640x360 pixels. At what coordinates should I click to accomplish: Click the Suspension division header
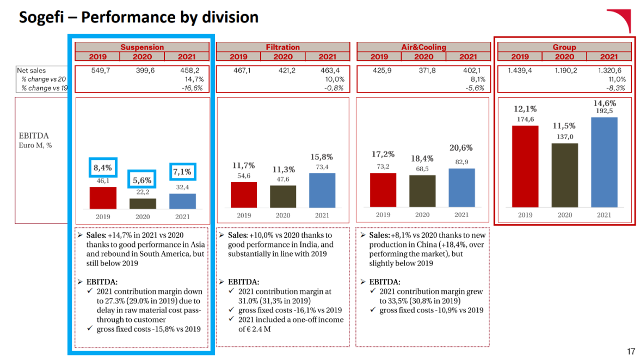[142, 47]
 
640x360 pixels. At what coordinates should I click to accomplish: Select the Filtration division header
[282, 47]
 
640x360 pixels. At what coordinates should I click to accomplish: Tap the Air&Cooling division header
[423, 47]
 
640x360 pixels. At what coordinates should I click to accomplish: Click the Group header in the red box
[564, 47]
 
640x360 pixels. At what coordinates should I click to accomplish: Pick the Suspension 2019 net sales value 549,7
[98, 71]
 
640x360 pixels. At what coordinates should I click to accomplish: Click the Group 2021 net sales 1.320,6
[610, 71]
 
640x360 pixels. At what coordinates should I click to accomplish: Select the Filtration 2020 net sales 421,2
[283, 71]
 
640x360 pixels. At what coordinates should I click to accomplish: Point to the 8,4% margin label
[103, 168]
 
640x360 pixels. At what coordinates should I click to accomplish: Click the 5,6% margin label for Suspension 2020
[142, 180]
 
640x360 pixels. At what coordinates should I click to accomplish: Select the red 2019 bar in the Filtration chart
[243, 195]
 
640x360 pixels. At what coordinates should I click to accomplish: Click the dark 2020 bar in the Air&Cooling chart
[422, 191]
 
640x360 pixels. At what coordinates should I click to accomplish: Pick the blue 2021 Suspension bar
[182, 201]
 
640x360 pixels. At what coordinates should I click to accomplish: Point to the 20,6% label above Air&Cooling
[461, 148]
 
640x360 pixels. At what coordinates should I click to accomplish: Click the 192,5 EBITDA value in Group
[604, 111]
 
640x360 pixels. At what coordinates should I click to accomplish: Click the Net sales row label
[32, 71]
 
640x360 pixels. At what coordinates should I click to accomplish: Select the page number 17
[631, 351]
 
